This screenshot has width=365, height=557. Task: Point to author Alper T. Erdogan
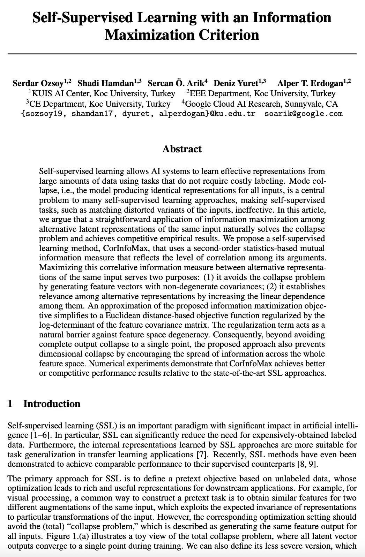[310, 83]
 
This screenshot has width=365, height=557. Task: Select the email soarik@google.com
[304, 114]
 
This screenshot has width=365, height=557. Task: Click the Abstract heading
[182, 149]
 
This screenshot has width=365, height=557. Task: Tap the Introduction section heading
[52, 404]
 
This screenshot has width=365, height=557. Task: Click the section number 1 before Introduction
[10, 404]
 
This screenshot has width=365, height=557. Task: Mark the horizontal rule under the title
[182, 54]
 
